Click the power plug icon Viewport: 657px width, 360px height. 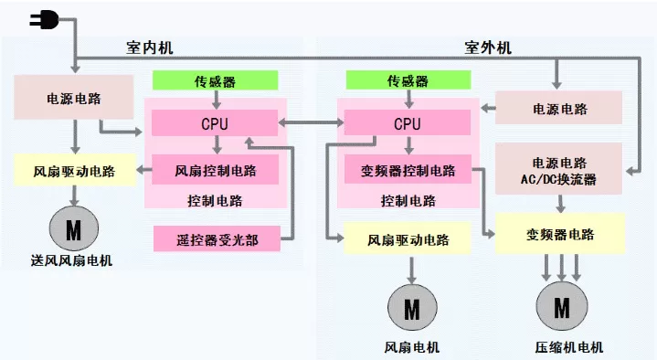click(x=44, y=19)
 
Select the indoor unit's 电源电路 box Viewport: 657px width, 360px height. click(x=74, y=97)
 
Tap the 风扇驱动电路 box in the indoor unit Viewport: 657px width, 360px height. click(x=75, y=170)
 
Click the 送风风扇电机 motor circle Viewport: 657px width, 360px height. click(x=74, y=228)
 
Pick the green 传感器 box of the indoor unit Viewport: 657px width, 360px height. click(x=215, y=80)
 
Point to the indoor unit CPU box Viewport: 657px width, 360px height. click(x=215, y=122)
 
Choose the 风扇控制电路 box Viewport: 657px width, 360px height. click(x=215, y=169)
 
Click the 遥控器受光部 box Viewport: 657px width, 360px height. click(x=217, y=238)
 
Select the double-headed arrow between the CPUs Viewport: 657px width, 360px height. click(x=311, y=122)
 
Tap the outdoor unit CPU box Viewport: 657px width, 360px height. click(x=408, y=122)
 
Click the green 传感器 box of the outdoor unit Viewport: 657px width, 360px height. click(x=408, y=80)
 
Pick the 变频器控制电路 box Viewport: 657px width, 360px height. click(x=408, y=169)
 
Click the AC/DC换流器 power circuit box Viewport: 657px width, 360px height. click(x=558, y=169)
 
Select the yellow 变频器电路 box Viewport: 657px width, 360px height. click(x=560, y=233)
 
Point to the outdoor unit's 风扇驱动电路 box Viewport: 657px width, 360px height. click(x=408, y=238)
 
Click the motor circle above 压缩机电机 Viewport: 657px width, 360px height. click(x=561, y=306)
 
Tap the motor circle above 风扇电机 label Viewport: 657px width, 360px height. click(x=412, y=308)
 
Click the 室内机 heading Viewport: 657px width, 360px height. click(x=150, y=48)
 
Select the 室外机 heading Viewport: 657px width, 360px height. click(x=488, y=48)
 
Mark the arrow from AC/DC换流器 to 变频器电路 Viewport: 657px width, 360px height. click(x=561, y=204)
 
